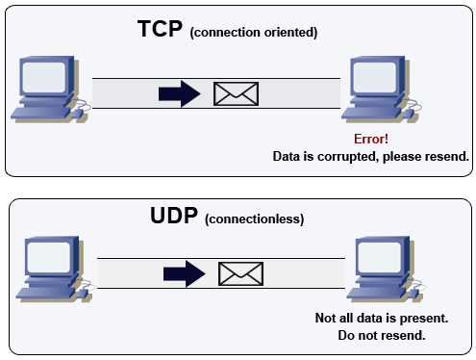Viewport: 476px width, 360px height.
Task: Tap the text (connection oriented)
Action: pyautogui.click(x=254, y=34)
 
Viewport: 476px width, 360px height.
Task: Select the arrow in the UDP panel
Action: pyautogui.click(x=184, y=273)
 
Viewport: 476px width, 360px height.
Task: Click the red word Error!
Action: pyautogui.click(x=372, y=140)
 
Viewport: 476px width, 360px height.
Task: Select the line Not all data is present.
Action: pyautogui.click(x=382, y=319)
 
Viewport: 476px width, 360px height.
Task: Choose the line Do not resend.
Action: pyautogui.click(x=382, y=336)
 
